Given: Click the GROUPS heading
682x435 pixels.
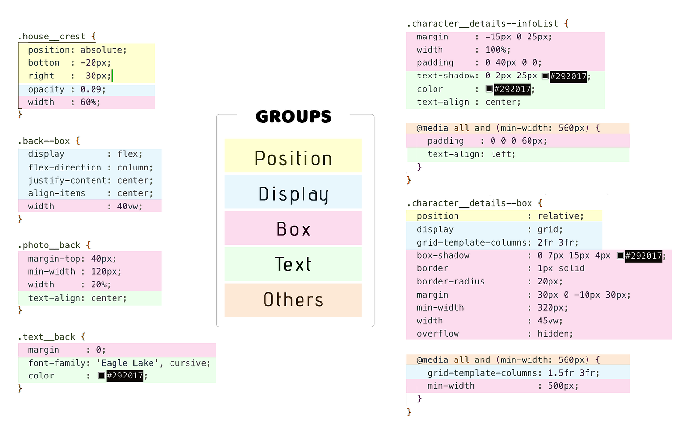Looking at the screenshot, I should tap(293, 116).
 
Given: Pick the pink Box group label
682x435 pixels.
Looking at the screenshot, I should tap(293, 228).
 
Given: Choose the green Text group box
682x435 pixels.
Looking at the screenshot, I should tap(293, 264).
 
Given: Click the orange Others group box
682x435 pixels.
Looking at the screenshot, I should tap(293, 300).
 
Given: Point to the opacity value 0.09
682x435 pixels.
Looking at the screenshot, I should tap(91, 89).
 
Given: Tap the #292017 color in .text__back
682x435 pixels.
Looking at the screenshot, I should tap(125, 376).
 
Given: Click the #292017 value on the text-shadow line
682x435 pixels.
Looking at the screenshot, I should tap(568, 76).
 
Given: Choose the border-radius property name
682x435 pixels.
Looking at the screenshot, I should tap(451, 282).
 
